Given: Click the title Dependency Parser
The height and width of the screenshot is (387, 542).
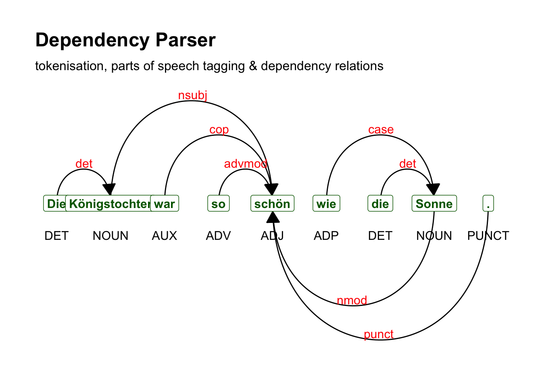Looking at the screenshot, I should click(x=125, y=40).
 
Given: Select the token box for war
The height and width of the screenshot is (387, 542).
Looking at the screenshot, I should click(x=165, y=204).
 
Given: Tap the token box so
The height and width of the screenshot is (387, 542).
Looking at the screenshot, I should click(x=218, y=204).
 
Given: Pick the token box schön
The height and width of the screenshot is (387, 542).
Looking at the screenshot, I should click(x=272, y=204).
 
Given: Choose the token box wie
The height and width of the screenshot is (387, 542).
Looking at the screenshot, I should click(x=326, y=204).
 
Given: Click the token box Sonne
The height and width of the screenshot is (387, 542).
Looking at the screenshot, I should click(x=434, y=204).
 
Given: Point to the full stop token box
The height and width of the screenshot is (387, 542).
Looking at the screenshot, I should click(x=488, y=204).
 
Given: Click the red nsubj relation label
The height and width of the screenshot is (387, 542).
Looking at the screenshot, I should click(x=192, y=95).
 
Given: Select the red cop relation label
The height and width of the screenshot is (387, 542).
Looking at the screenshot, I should click(x=219, y=129).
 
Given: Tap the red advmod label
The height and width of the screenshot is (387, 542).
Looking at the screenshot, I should click(x=246, y=164).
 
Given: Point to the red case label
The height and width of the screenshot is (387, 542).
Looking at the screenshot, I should click(x=381, y=129).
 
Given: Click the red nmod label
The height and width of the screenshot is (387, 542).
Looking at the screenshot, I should click(x=352, y=300).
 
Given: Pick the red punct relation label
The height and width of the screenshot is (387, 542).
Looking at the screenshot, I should click(x=378, y=334).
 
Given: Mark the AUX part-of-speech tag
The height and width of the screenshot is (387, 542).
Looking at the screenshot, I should click(x=165, y=235).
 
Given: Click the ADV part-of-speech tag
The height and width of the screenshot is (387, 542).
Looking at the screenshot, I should click(x=218, y=235).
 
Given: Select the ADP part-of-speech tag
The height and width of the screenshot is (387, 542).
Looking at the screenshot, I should click(x=326, y=235).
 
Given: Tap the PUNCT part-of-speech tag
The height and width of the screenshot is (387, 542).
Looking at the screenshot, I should click(x=488, y=235).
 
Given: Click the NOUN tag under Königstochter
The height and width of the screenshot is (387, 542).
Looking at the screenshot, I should click(x=110, y=235).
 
